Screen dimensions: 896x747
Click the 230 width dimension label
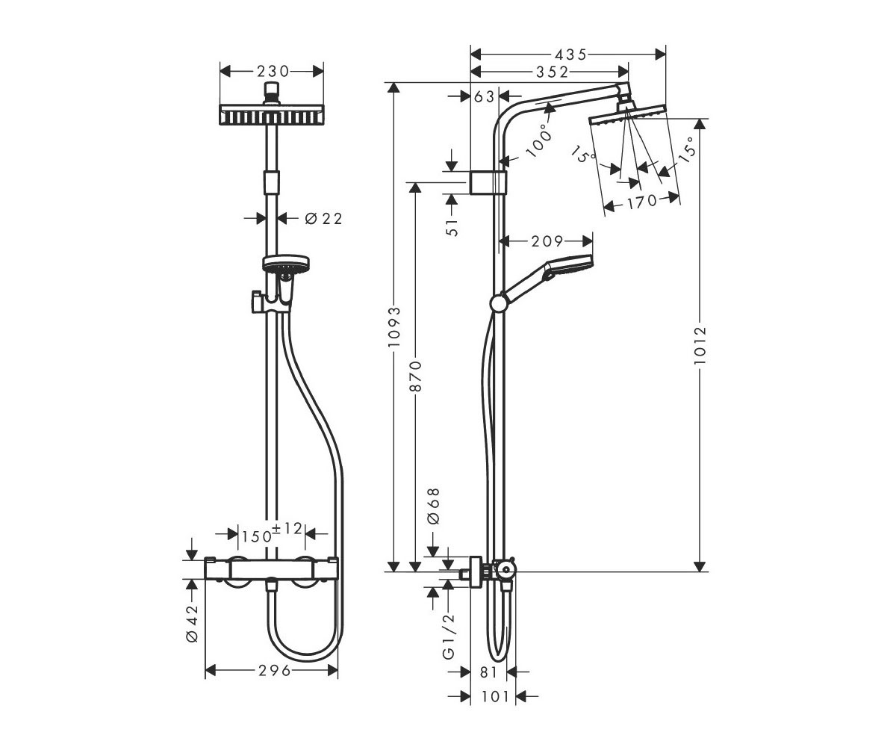[x=273, y=71]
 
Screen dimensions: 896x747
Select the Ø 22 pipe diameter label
[x=323, y=219]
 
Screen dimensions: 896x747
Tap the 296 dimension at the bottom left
[x=275, y=670]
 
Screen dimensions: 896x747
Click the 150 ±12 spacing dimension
[x=272, y=533]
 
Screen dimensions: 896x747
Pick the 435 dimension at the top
[x=570, y=55]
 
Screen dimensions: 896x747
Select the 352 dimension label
[x=552, y=72]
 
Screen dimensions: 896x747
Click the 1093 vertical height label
[x=393, y=327]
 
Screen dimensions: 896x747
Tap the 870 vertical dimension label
[x=415, y=376]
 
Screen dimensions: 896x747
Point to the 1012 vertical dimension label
[x=700, y=345]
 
